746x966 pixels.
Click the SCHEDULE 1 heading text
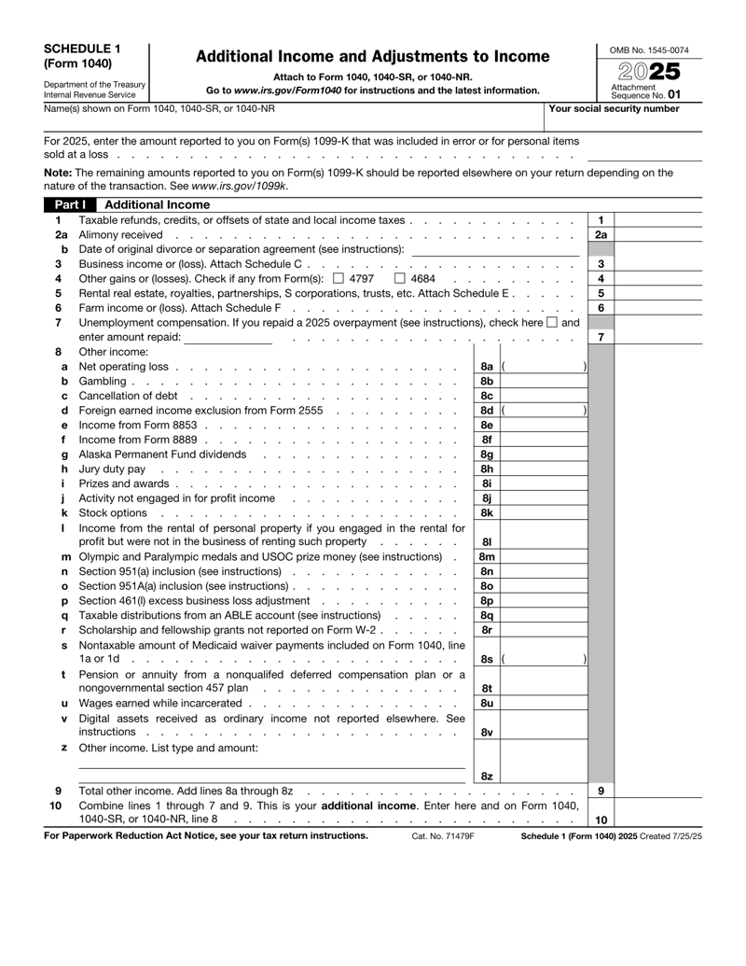tap(77, 49)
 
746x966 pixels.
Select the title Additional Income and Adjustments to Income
tap(371, 57)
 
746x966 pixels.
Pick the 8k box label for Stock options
tap(486, 512)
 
